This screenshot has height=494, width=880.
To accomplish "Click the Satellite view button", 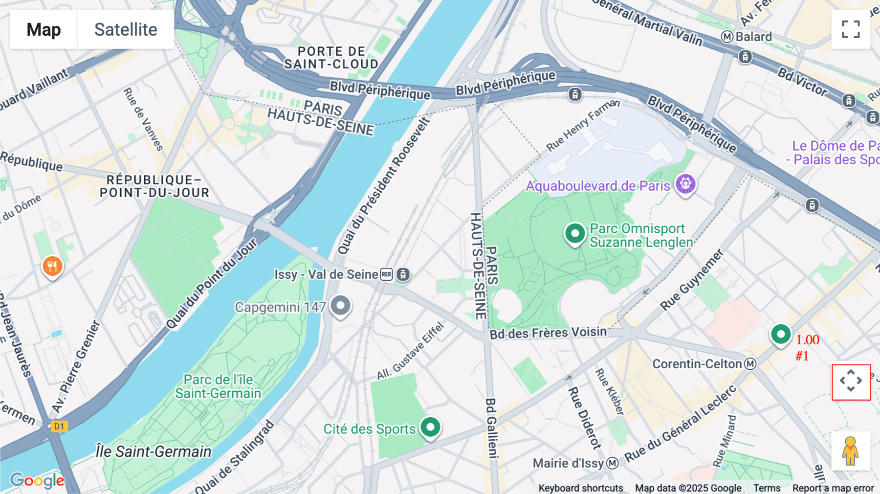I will (x=126, y=29).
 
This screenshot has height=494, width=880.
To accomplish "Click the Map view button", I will (x=44, y=29).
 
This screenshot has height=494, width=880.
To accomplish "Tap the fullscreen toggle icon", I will (x=851, y=29).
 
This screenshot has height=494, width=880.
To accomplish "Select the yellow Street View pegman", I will (x=851, y=451).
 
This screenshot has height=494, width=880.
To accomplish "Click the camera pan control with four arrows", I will (x=851, y=382).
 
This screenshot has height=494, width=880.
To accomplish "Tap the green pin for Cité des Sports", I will (x=430, y=427).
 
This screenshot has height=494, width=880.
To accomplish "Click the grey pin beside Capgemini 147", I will (x=341, y=306).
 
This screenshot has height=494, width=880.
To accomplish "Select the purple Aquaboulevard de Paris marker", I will (x=685, y=184).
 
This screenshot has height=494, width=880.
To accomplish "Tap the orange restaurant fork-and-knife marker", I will (x=52, y=267).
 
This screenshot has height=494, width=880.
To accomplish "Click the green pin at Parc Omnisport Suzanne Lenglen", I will (x=575, y=233).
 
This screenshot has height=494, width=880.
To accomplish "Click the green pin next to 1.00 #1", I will (x=781, y=335).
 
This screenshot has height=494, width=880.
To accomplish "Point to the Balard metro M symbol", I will (x=727, y=37).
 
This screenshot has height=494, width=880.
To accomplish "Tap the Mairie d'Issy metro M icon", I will (x=613, y=463).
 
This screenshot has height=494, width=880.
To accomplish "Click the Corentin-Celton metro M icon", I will (x=750, y=364).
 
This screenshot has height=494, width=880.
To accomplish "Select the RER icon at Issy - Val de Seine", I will (x=386, y=274).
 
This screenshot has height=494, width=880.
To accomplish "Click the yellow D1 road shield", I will (x=59, y=426).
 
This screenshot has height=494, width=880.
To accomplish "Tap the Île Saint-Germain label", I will (x=154, y=451).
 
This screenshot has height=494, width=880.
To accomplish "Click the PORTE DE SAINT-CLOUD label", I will (x=331, y=58).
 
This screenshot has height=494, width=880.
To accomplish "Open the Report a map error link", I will (x=833, y=488).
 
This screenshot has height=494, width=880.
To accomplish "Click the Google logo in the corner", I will (x=37, y=481).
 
